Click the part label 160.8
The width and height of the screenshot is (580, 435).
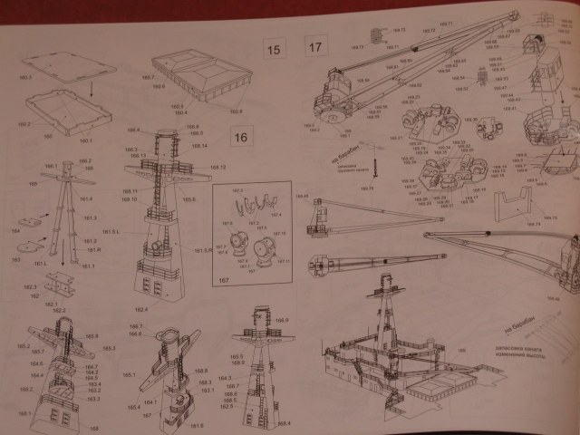point(236,111)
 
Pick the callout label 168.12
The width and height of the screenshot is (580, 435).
point(217,168)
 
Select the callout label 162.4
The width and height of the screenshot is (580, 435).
point(138,310)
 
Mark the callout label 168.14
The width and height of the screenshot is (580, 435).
point(198,146)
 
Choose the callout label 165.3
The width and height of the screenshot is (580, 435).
point(108,348)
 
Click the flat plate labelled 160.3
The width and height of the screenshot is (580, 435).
point(68,66)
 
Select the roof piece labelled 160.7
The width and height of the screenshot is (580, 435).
point(195,72)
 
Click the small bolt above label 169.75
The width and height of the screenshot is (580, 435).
point(372,169)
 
